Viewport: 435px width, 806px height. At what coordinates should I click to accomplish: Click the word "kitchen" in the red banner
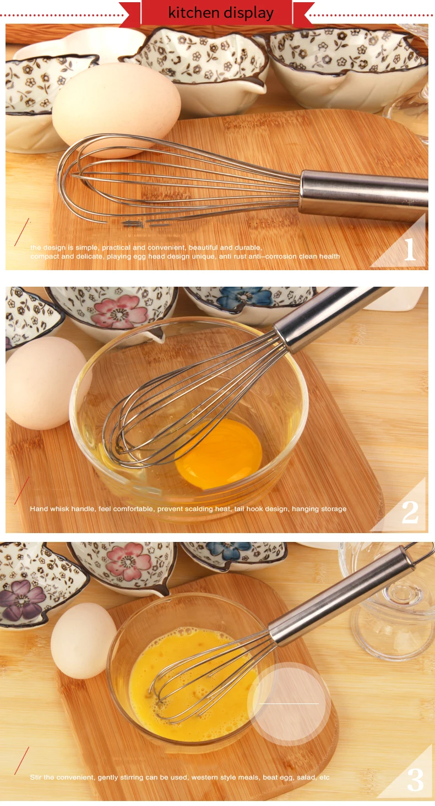tap(193, 13)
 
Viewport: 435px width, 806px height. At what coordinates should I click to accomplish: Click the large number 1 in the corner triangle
tap(410, 249)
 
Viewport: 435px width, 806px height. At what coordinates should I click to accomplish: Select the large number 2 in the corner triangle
tap(410, 512)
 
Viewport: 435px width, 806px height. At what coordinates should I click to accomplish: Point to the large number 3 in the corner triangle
tap(416, 780)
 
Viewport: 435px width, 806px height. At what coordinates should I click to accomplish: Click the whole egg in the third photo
tap(83, 641)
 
